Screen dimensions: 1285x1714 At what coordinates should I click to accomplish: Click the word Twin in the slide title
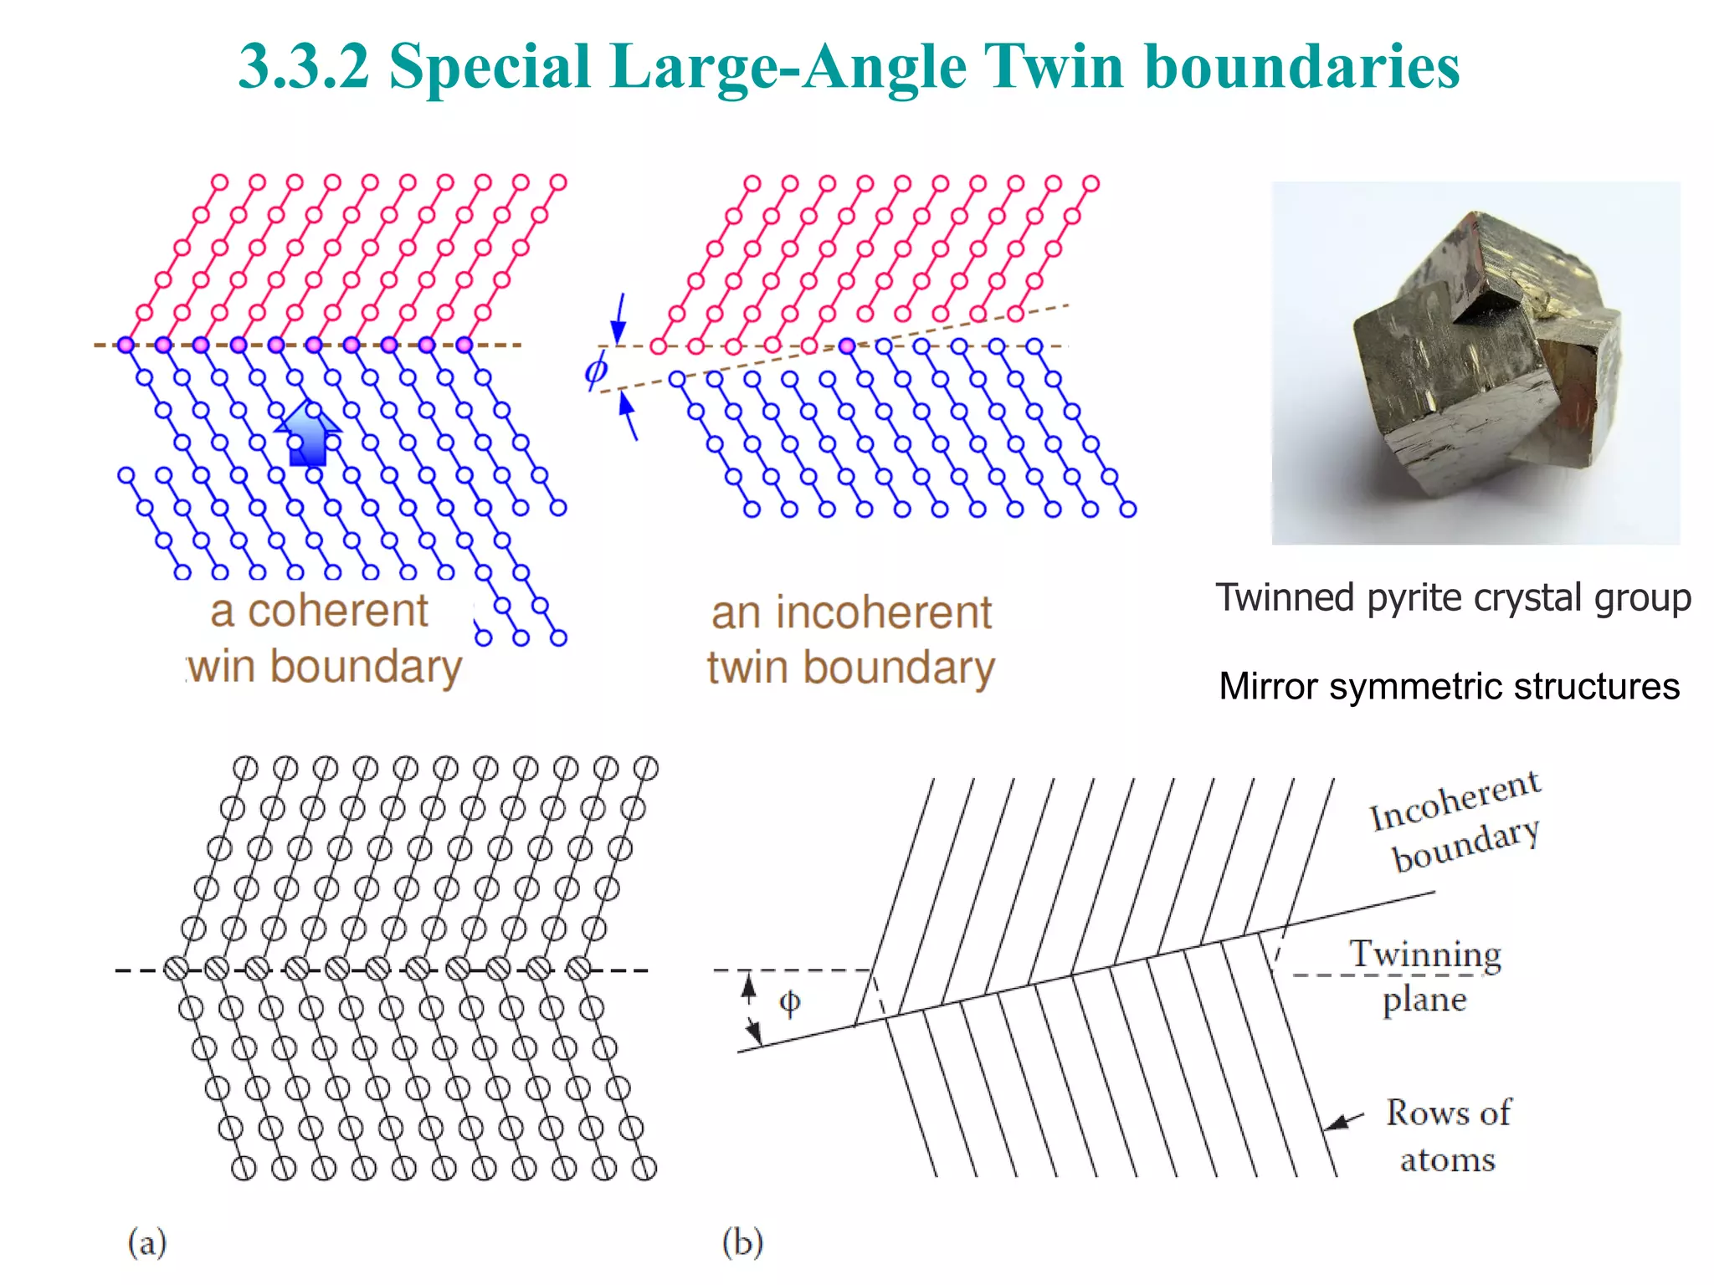1053,67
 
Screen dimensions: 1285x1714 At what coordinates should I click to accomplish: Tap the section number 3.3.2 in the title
304,67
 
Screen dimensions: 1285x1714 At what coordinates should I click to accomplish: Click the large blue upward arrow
308,433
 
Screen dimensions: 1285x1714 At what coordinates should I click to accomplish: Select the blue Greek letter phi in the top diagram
596,369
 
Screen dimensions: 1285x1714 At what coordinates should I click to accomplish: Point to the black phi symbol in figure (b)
789,1002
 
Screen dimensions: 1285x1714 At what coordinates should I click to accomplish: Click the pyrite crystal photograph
1475,362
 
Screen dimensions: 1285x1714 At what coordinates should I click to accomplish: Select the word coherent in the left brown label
338,611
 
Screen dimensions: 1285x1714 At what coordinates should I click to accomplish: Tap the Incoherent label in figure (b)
1455,801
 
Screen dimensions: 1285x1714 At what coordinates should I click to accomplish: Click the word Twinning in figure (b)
1425,954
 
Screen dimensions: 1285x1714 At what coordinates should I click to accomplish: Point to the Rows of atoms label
1449,1135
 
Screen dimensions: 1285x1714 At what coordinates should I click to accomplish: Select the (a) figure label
147,1241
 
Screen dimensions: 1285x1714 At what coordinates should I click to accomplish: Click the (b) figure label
742,1241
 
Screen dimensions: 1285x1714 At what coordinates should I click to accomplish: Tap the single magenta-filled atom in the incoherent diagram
847,346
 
